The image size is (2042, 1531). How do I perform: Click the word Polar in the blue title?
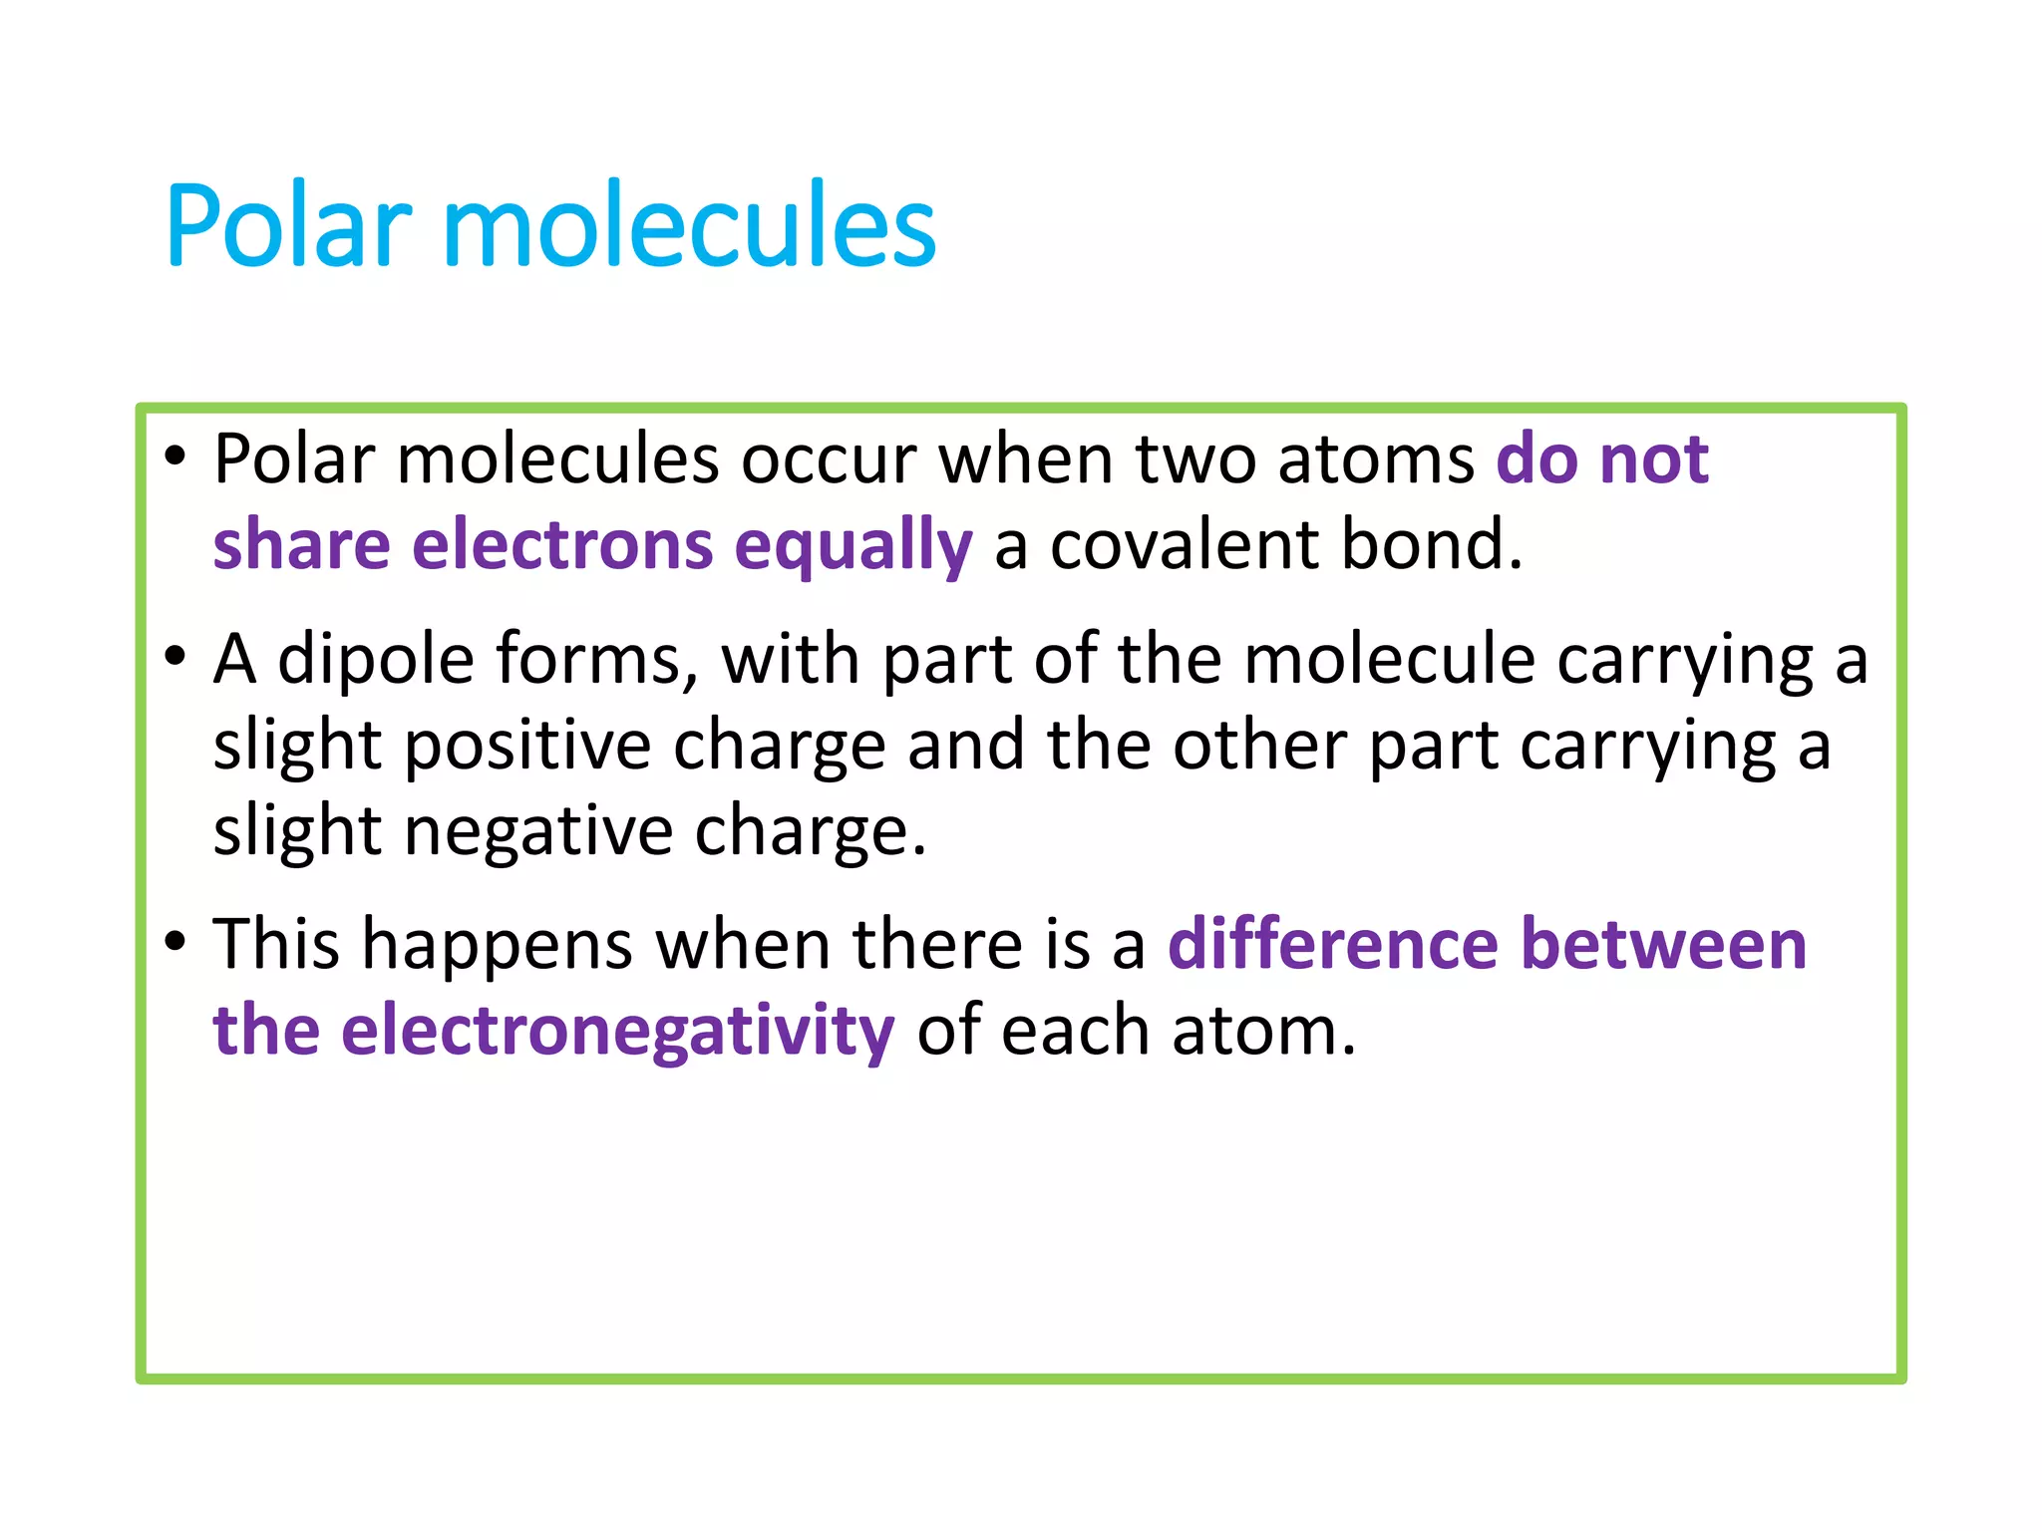(288, 226)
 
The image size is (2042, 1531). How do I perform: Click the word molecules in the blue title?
(688, 226)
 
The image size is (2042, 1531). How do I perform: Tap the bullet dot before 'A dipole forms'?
(175, 657)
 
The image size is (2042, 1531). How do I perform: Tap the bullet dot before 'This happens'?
(175, 941)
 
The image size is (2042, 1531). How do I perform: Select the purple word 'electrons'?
(562, 545)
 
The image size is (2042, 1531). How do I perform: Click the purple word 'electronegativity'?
(617, 1032)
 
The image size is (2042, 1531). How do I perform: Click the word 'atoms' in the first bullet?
(1375, 460)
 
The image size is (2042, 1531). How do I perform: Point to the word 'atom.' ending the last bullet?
(1263, 1032)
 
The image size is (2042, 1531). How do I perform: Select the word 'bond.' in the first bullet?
(1432, 545)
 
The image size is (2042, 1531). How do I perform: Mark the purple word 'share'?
(301, 545)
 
